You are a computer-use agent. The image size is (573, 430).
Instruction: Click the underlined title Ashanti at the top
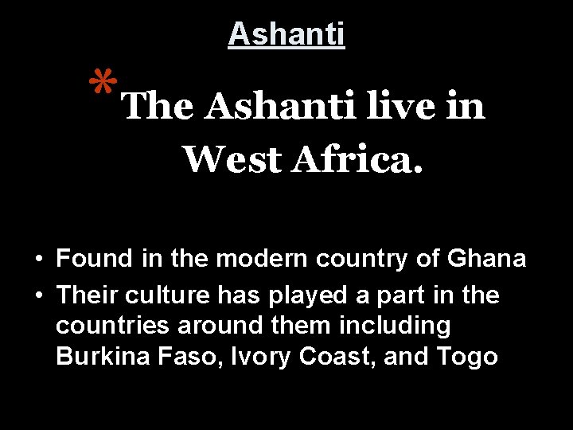click(x=286, y=34)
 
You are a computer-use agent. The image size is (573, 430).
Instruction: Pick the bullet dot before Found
click(x=38, y=260)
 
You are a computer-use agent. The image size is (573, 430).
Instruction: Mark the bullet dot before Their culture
click(x=38, y=296)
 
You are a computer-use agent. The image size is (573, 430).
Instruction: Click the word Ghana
click(x=486, y=259)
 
